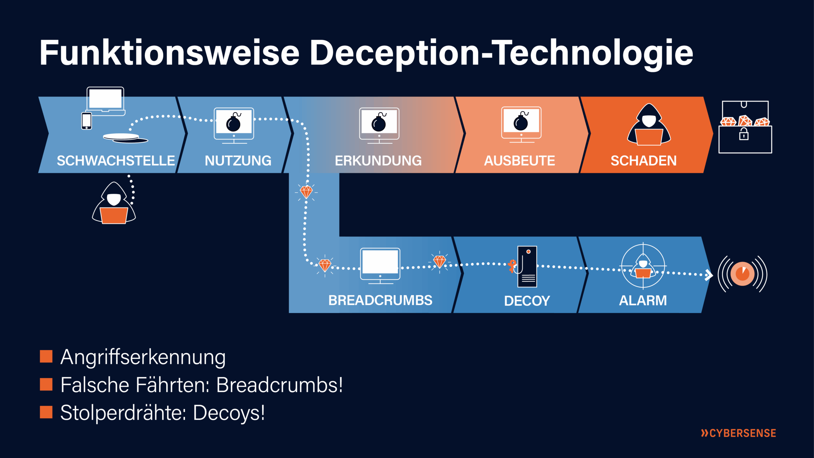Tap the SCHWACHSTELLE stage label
pos(116,161)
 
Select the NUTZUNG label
pos(238,161)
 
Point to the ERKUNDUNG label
pos(378,161)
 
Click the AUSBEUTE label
pos(519,161)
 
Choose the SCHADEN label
pos(643,161)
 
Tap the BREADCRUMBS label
pos(380,300)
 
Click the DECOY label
pos(527,301)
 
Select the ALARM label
pos(643,301)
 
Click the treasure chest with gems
pos(745,127)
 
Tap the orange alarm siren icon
pos(742,274)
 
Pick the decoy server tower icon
pos(527,267)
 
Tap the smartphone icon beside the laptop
pos(86,121)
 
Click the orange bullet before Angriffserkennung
pos(46,357)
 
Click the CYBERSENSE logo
pos(738,433)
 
